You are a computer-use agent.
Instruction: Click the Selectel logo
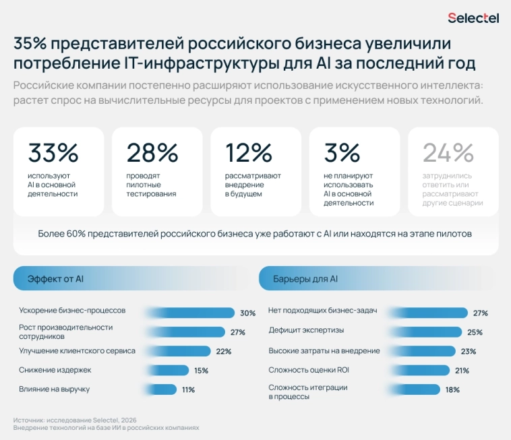point(473,18)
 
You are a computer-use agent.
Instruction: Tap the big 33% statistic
point(53,153)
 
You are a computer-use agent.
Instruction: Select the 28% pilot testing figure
point(152,153)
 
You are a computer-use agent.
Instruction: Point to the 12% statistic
point(249,153)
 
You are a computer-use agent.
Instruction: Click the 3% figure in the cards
point(342,153)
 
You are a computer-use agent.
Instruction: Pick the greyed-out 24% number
point(448,153)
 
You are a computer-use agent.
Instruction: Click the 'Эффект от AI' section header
point(55,278)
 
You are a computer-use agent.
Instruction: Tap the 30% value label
point(247,313)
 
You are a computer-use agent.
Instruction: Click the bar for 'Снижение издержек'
point(169,370)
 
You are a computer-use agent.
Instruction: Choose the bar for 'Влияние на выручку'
point(162,389)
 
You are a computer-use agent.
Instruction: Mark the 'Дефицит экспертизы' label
point(306,331)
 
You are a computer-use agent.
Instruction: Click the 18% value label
point(452,389)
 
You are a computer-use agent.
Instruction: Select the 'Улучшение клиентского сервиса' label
point(77,350)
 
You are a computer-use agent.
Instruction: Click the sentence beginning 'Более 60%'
point(255,234)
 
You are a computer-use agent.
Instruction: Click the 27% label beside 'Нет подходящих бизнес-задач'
point(480,313)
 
